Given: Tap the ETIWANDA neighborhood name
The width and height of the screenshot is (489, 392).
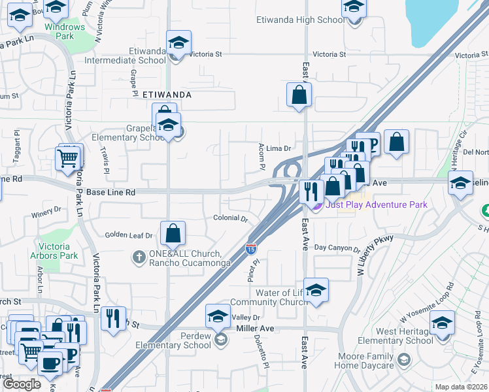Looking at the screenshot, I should (x=167, y=95).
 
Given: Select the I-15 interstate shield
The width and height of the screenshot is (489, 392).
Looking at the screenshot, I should (x=251, y=248).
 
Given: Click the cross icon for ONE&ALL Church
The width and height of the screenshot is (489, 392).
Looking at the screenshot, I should (x=139, y=257).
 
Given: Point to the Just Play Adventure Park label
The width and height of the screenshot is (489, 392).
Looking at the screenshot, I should (x=376, y=204).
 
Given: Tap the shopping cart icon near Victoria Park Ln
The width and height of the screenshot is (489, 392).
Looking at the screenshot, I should (x=68, y=157).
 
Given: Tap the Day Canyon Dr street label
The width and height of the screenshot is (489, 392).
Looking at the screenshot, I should (x=337, y=248).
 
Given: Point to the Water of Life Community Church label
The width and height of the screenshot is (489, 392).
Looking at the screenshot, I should (x=269, y=297).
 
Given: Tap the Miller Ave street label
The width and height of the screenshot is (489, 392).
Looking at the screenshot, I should (x=254, y=328).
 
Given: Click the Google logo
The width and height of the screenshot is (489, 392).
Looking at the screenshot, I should (x=22, y=384).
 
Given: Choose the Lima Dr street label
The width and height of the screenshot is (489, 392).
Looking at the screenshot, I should (x=278, y=149).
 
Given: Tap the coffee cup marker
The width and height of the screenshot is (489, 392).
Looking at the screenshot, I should (x=49, y=363).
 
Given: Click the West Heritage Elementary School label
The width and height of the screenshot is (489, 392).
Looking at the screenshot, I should (x=396, y=336).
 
